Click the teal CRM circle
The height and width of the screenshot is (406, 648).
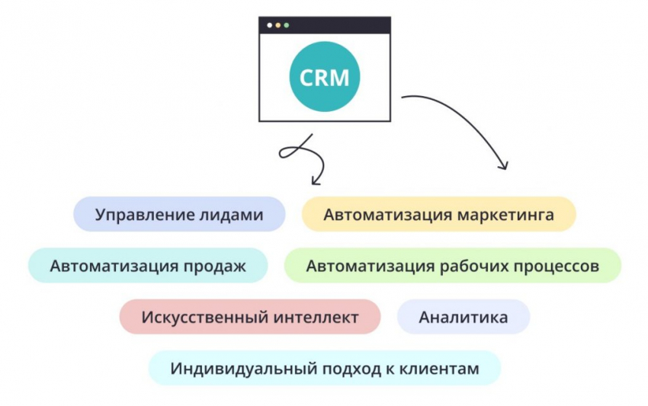(x=324, y=77)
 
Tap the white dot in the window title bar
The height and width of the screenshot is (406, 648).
(x=269, y=25)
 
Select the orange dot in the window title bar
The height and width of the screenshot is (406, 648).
(x=277, y=25)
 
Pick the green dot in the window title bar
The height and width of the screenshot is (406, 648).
(x=286, y=25)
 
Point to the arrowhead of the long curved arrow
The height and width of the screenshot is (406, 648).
(x=503, y=165)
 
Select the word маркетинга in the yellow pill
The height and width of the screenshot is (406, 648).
(x=505, y=215)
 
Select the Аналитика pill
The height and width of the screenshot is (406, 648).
(x=464, y=317)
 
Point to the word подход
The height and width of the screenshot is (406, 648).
(x=335, y=369)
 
